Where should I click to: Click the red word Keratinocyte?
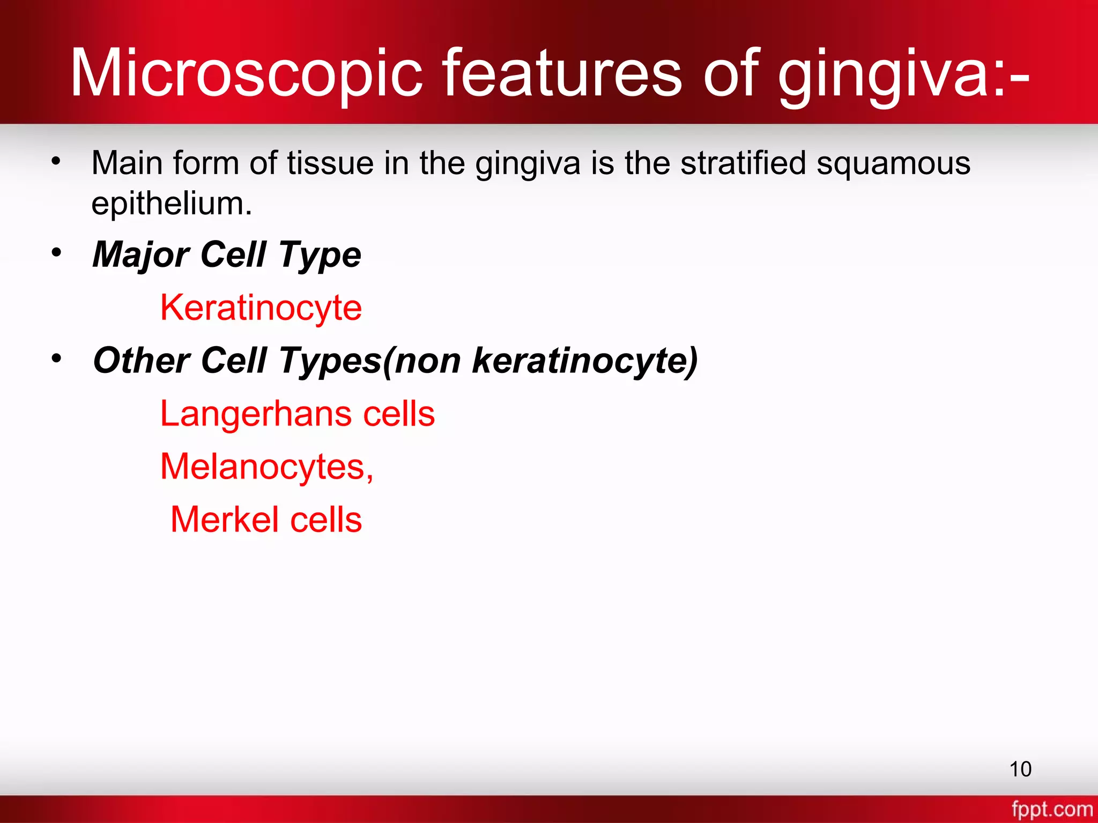pos(261,308)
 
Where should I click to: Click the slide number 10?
pos(1020,769)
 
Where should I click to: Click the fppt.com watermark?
pos(1051,809)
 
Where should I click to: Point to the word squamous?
pos(893,164)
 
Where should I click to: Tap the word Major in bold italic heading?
pos(141,255)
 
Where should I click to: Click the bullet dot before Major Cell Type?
pos(56,252)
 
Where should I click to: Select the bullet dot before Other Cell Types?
pos(56,358)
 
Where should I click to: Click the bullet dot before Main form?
pos(56,160)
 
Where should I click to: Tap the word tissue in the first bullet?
pos(330,163)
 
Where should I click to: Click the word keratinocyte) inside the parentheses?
pos(584,361)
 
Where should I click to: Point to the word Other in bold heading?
pos(142,360)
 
